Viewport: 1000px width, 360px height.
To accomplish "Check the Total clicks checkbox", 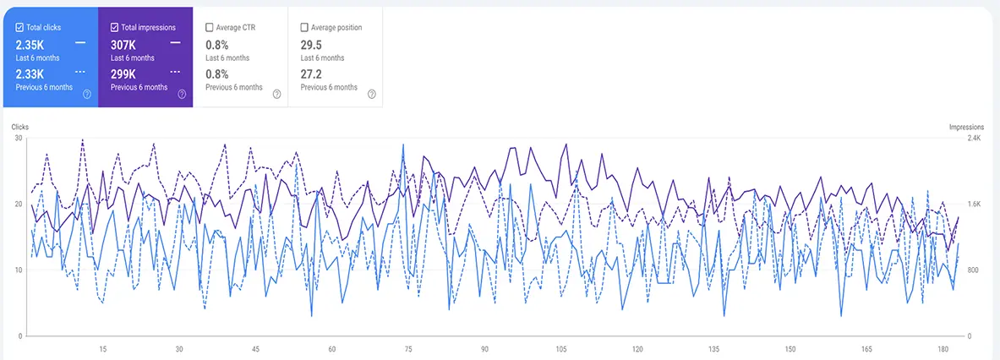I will point(19,28).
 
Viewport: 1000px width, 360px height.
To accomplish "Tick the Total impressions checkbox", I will point(114,28).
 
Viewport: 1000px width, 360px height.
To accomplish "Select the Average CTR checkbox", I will point(210,28).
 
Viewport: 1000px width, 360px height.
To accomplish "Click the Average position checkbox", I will point(304,28).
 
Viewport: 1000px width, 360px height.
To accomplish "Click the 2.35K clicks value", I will point(30,44).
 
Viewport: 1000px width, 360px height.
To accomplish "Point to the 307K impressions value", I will point(123,44).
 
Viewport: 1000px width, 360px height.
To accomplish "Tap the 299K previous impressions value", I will point(123,74).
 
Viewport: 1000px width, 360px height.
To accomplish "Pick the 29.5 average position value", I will point(312,44).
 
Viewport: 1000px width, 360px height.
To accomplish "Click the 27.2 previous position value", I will point(312,74).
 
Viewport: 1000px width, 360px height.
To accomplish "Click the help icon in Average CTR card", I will point(276,95).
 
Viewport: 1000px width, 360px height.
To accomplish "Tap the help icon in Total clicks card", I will point(86,95).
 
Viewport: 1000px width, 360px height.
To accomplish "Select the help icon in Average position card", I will point(371,95).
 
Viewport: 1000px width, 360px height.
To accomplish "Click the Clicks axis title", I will point(20,128).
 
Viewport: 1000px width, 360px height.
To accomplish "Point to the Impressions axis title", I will point(966,128).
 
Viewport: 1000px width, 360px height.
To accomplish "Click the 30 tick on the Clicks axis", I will point(18,138).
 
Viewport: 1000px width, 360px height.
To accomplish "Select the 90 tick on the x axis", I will point(484,349).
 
